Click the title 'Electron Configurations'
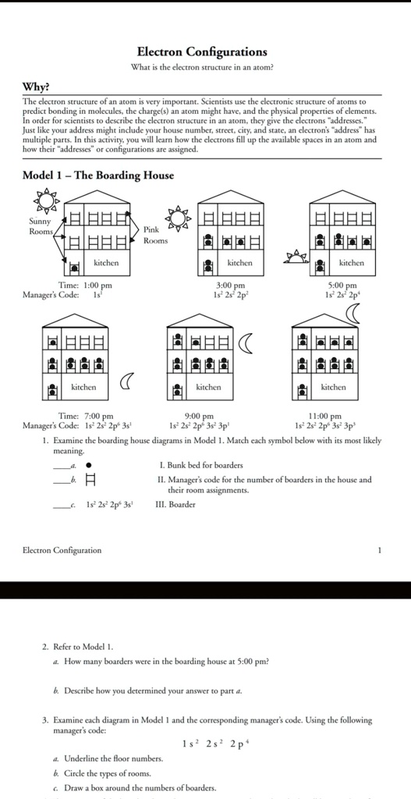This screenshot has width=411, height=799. pyautogui.click(x=202, y=51)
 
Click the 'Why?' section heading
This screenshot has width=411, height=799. pyautogui.click(x=36, y=86)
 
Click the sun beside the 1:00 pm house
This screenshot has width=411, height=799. pyautogui.click(x=47, y=201)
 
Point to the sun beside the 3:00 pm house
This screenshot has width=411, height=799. pyautogui.click(x=179, y=218)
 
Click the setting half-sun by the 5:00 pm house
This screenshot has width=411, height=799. pyautogui.click(x=297, y=255)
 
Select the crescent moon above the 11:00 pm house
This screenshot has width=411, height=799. pyautogui.click(x=355, y=313)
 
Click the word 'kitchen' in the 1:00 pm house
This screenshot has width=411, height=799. pyautogui.click(x=106, y=263)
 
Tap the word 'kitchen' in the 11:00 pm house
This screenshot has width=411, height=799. pyautogui.click(x=333, y=387)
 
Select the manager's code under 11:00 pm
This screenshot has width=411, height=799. pyautogui.click(x=325, y=425)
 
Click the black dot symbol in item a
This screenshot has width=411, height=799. pyautogui.click(x=88, y=465)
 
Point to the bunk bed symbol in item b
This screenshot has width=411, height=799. pyautogui.click(x=89, y=480)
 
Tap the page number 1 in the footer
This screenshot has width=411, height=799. pyautogui.click(x=379, y=550)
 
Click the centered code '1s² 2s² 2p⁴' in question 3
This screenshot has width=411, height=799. pyautogui.click(x=205, y=744)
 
